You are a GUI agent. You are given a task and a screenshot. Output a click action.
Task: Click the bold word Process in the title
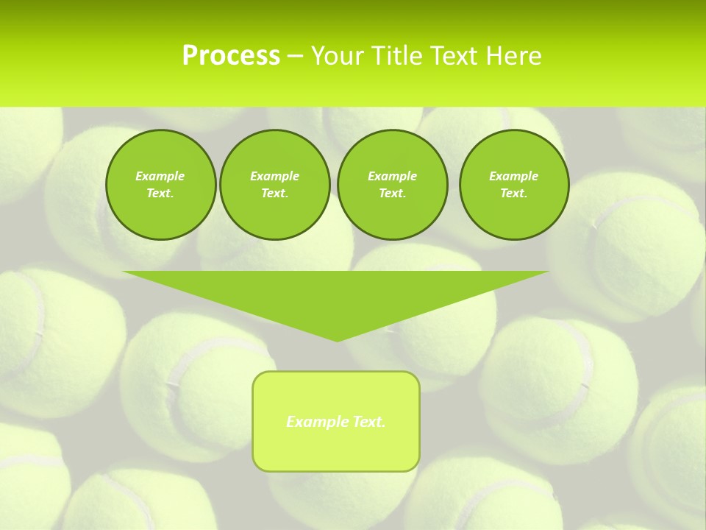[231, 56]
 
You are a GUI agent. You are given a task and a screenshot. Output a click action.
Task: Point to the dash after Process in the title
[295, 56]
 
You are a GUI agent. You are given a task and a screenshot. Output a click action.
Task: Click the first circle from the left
[160, 185]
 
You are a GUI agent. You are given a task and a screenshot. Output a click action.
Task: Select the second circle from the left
[274, 185]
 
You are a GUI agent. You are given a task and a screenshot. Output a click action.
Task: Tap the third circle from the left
[392, 185]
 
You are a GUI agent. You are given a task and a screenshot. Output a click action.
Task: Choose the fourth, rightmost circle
[513, 185]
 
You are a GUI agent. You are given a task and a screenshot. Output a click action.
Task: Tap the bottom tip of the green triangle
[336, 339]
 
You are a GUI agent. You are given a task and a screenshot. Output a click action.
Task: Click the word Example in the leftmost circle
[160, 176]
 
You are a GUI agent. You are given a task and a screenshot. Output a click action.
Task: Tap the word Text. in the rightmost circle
[513, 193]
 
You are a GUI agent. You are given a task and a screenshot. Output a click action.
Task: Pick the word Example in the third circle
[392, 176]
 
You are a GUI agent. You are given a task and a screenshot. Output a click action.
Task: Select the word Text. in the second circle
[274, 193]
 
